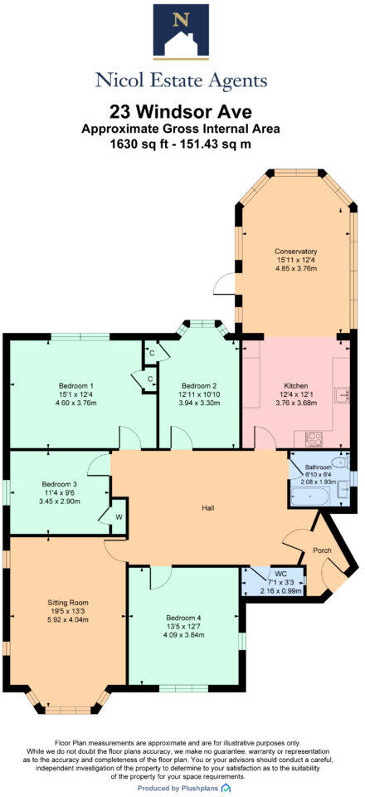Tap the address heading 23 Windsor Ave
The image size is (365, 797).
click(182, 112)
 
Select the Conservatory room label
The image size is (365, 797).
click(296, 252)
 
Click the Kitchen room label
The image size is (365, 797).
click(296, 386)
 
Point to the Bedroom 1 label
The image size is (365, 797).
click(75, 386)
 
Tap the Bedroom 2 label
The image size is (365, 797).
click(199, 386)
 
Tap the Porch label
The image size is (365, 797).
click(321, 550)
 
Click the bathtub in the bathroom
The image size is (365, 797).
click(309, 497)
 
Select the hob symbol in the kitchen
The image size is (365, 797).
click(314, 438)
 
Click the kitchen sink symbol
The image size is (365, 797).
click(341, 393)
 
